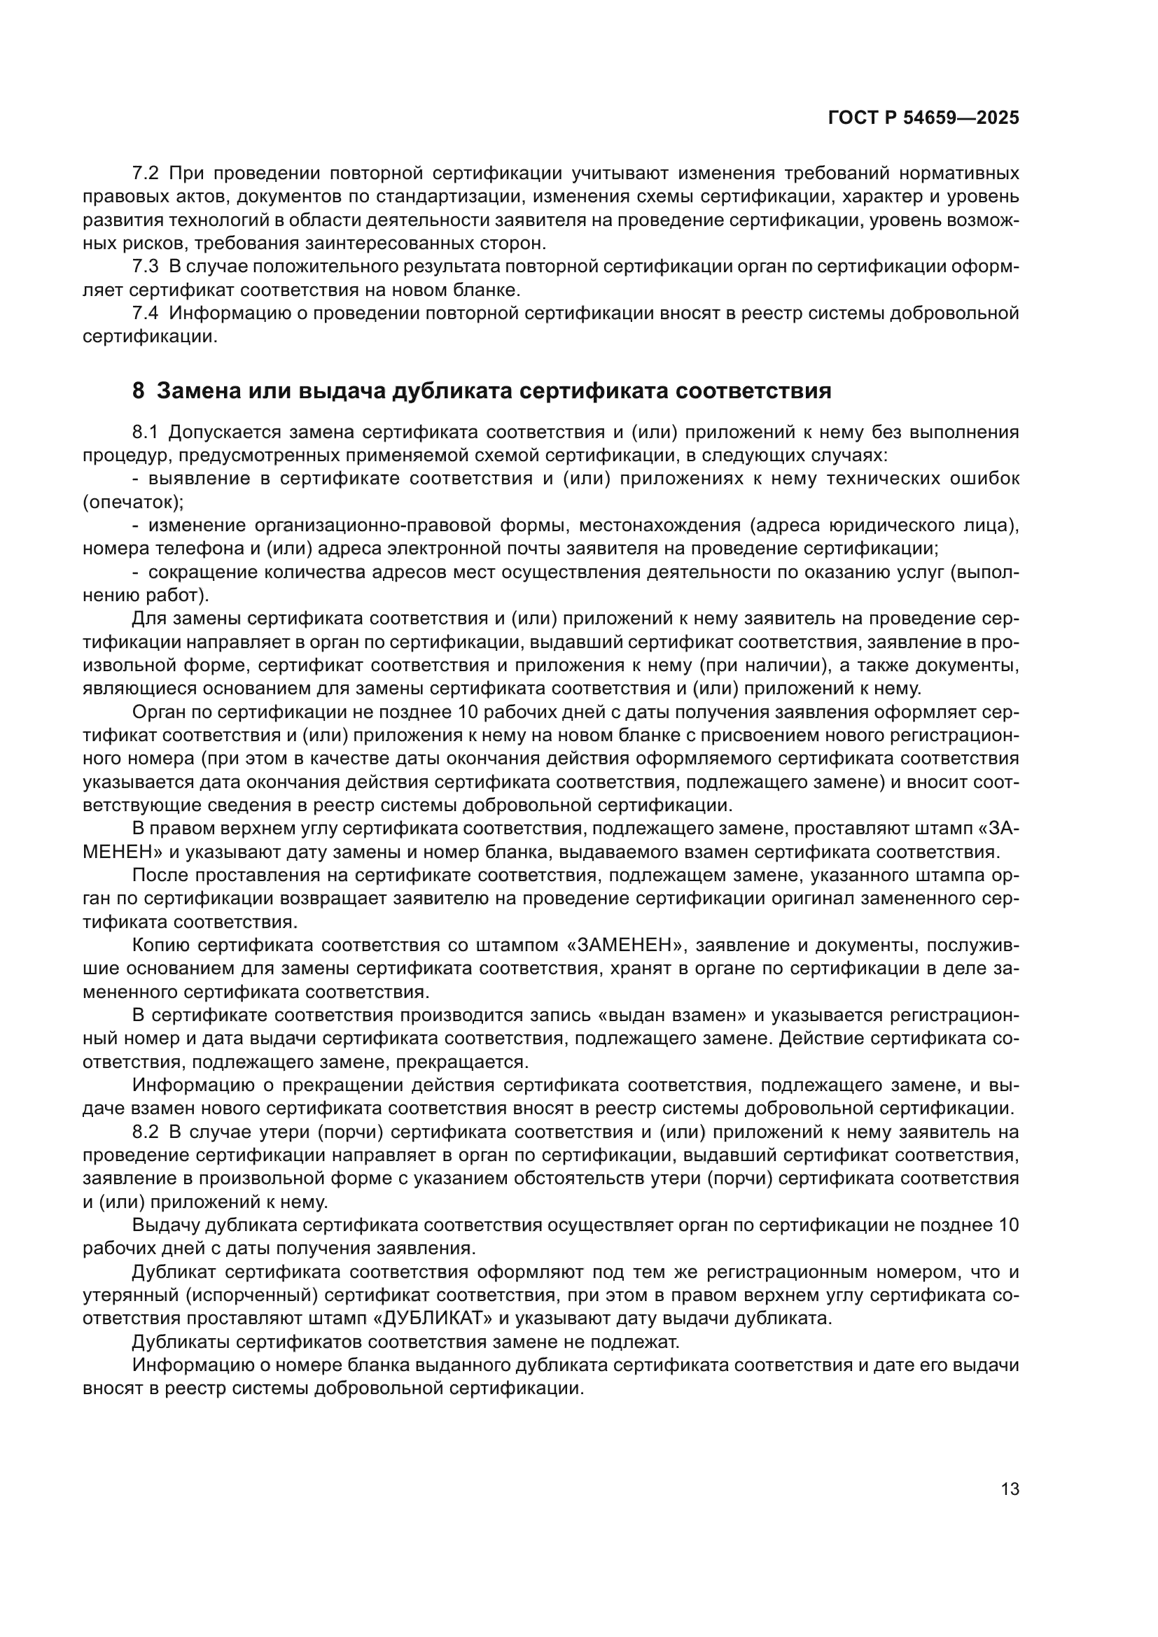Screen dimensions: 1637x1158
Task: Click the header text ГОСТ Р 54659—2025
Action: tap(923, 118)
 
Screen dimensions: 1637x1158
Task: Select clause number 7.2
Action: tap(146, 174)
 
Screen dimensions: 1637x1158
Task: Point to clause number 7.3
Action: tap(146, 267)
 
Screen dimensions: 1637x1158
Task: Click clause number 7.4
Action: tap(146, 313)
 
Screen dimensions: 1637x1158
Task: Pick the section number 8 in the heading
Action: tap(139, 391)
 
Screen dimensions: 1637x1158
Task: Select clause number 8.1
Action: tap(146, 432)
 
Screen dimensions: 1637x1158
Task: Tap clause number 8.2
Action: tap(146, 1132)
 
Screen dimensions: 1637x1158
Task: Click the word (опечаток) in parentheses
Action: tap(132, 502)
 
